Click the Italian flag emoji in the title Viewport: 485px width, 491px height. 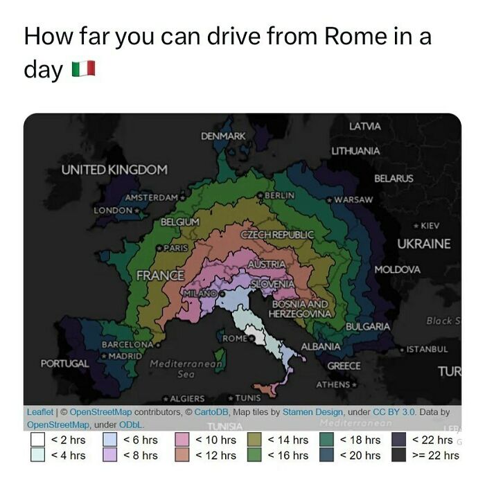pos(83,69)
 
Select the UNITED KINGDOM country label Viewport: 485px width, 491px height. pos(114,170)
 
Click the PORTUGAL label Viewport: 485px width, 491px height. pos(65,363)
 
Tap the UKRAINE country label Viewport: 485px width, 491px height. pos(423,244)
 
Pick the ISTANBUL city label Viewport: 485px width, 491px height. pos(427,350)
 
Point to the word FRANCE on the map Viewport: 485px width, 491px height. pos(160,275)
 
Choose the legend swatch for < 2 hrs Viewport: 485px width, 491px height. pos(39,440)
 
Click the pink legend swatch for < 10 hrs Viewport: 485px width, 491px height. pos(182,440)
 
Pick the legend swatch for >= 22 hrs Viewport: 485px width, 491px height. pos(398,455)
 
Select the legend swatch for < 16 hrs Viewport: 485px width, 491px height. pos(254,455)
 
